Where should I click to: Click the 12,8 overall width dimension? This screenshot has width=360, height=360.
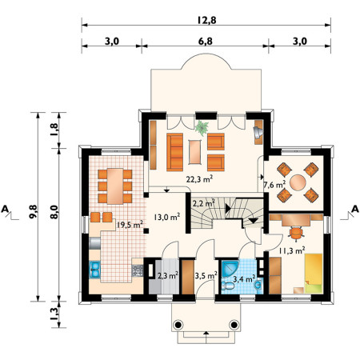[206, 20]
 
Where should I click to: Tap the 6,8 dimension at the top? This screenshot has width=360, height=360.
[206, 42]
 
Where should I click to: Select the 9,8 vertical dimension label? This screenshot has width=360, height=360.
[34, 211]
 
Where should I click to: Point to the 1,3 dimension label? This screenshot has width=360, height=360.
[54, 314]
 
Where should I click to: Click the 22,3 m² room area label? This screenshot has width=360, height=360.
[199, 179]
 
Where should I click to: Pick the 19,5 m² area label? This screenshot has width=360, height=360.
[130, 225]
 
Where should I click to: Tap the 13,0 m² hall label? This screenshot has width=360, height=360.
[166, 217]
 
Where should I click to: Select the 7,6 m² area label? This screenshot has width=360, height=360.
[274, 185]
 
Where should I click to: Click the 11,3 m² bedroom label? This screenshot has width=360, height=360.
[292, 250]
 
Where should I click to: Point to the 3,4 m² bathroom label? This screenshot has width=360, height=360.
[244, 279]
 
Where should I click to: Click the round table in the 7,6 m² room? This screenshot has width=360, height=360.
[298, 182]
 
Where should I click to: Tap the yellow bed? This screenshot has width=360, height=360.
[314, 274]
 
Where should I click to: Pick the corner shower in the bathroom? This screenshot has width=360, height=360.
[230, 268]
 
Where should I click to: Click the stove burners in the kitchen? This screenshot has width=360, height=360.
[138, 270]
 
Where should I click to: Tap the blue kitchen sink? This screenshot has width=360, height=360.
[94, 270]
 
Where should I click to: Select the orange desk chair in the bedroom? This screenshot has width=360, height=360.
[296, 233]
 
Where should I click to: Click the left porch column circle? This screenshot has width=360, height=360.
[178, 325]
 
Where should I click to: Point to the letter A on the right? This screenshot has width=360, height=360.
[354, 209]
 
